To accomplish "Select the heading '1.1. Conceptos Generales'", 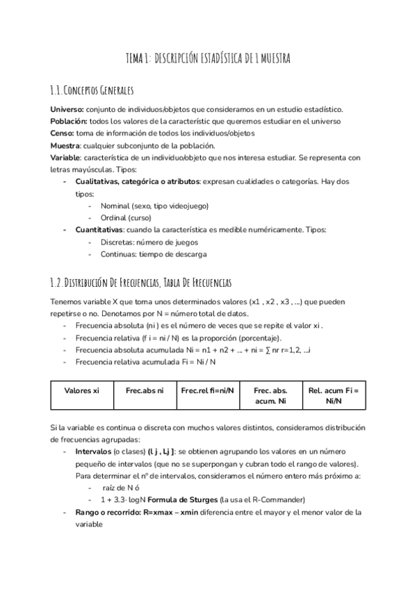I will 92,91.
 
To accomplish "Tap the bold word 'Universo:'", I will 67,110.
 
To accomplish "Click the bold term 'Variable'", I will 65,157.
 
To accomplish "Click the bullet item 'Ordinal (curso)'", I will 125,217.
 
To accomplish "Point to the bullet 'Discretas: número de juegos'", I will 149,242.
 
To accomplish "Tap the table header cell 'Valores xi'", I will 81,390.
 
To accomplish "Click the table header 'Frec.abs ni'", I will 145,390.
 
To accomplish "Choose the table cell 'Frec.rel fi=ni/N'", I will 208,390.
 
